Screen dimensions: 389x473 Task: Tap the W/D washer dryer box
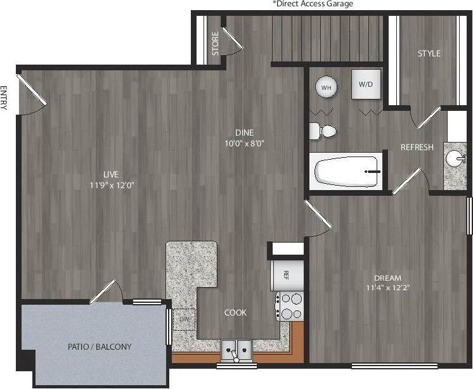366,84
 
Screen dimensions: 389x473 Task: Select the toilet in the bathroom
323,131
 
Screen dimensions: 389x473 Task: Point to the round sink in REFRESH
455,158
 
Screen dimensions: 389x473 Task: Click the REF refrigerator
284,275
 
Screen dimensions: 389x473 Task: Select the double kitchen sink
236,348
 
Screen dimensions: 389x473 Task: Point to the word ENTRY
4,98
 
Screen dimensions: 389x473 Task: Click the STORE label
216,43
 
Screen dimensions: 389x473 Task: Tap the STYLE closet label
429,54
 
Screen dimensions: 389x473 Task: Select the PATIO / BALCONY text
100,347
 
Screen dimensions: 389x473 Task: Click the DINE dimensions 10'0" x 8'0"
244,143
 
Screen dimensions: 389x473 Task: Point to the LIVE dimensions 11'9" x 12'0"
113,185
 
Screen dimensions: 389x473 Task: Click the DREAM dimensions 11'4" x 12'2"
387,289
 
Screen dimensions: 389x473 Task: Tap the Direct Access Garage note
313,4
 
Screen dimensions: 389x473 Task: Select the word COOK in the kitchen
235,312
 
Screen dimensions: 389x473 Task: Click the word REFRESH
417,148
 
